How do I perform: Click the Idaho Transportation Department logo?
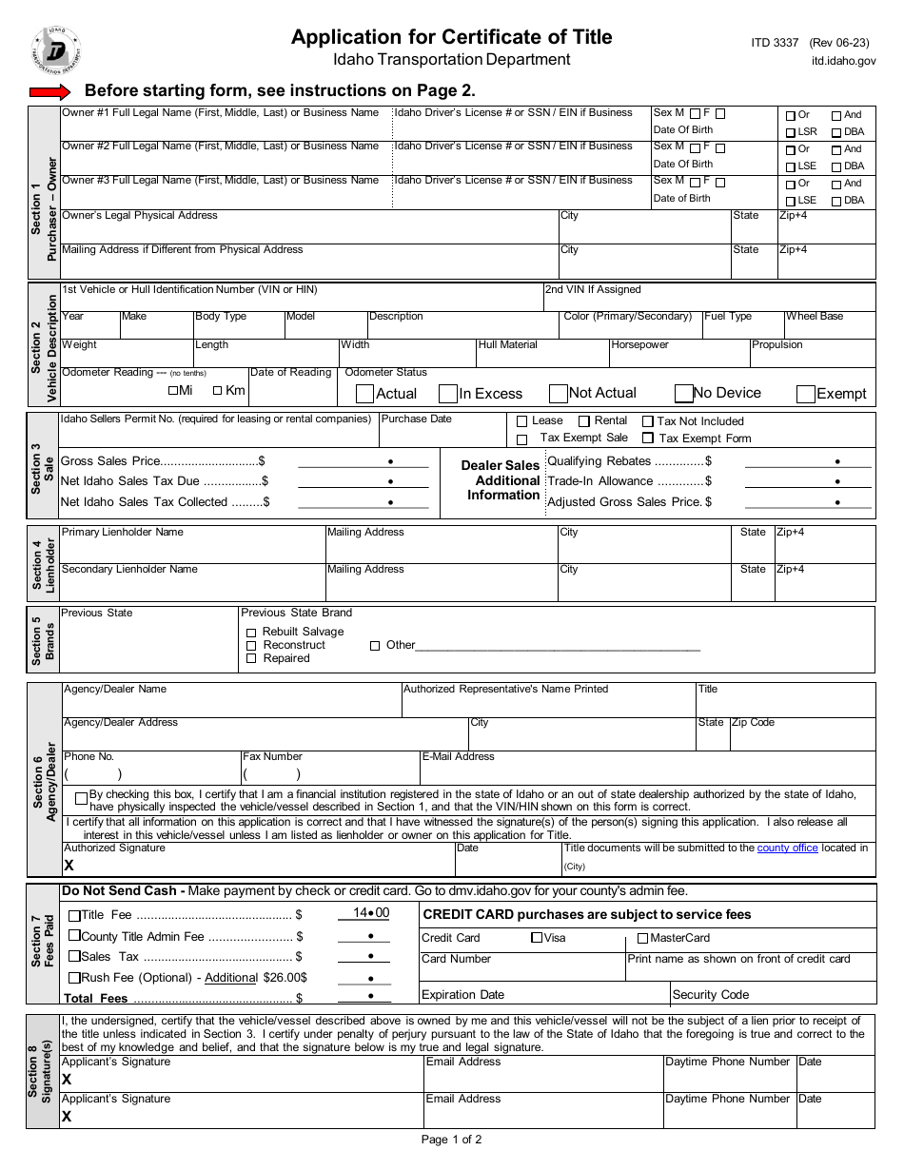(x=55, y=50)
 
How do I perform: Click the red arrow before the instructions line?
(x=50, y=92)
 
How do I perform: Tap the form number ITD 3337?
(x=775, y=43)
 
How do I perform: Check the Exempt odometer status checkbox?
(x=805, y=394)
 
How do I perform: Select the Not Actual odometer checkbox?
(x=559, y=394)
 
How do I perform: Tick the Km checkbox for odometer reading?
(x=218, y=390)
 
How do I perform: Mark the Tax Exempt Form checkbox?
(x=648, y=439)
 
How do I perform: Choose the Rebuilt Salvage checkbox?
(x=251, y=633)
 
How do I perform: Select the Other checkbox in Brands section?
(x=375, y=646)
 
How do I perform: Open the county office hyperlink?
(x=787, y=848)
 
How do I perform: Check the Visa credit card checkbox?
(x=537, y=938)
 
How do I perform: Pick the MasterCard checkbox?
(x=644, y=938)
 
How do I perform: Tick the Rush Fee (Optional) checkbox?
(x=74, y=978)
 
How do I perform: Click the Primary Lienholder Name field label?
(x=122, y=533)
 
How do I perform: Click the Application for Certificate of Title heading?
(x=451, y=37)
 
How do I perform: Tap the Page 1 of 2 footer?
(x=451, y=1140)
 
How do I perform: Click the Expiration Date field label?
(x=462, y=995)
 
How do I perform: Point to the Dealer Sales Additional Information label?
(x=501, y=480)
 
